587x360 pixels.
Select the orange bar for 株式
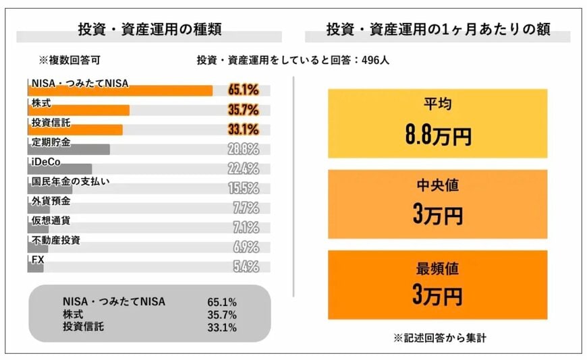(x=78, y=111)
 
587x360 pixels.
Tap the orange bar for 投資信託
(x=75, y=129)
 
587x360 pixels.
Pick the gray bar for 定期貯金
(x=68, y=149)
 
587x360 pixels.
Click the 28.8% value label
(x=243, y=149)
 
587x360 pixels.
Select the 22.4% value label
(x=243, y=169)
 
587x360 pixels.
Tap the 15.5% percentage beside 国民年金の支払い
(x=243, y=188)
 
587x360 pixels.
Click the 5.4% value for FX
(x=246, y=266)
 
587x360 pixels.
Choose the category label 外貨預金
(x=51, y=200)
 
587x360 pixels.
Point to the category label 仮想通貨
(x=51, y=220)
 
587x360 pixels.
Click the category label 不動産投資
(x=55, y=239)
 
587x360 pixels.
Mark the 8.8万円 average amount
(x=438, y=136)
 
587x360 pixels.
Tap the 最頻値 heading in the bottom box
(x=438, y=268)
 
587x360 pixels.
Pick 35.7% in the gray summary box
(x=222, y=315)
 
